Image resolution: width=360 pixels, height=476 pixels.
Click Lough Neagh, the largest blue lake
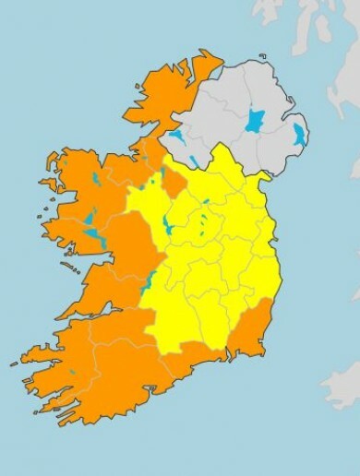click(x=254, y=121)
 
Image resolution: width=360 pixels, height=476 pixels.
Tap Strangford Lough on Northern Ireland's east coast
click(x=298, y=136)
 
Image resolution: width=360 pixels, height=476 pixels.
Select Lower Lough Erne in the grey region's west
click(x=176, y=137)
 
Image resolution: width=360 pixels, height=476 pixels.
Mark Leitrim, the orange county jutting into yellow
click(x=172, y=180)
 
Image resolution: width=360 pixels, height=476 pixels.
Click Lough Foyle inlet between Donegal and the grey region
click(x=215, y=74)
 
